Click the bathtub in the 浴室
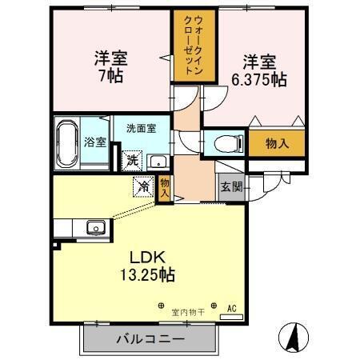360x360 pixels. [67, 144]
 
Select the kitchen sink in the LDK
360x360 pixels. [95, 227]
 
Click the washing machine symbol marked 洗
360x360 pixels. [132, 160]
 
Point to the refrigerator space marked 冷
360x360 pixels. [144, 186]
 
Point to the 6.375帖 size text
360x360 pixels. [258, 81]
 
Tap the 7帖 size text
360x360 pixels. [110, 78]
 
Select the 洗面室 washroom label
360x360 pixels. [140, 128]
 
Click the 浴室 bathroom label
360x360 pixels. [95, 144]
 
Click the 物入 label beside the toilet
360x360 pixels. [276, 145]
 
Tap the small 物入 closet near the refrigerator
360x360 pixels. [165, 188]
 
